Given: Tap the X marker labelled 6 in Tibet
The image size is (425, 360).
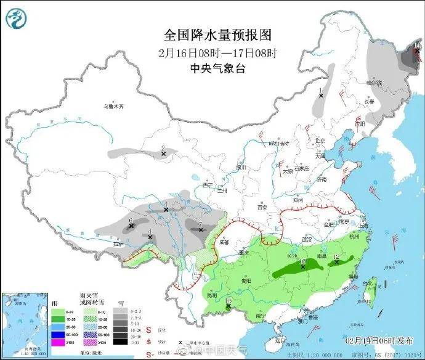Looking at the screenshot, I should (131, 227).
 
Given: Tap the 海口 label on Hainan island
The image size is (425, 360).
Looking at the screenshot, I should (280, 340).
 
